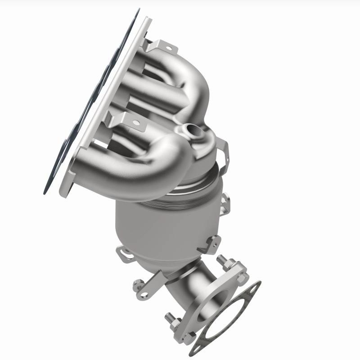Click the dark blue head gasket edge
[x=67, y=148]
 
